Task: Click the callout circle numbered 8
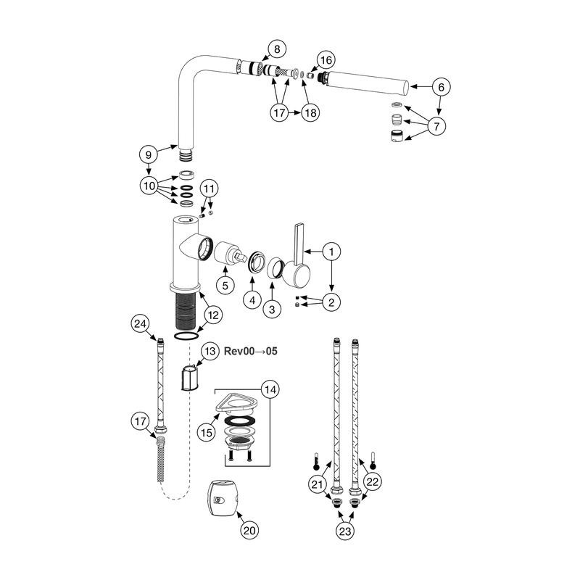coord(277,49)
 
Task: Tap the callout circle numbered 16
coord(326,60)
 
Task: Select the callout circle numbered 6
coord(441,87)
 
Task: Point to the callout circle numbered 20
coord(249,531)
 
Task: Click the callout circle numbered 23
coord(345,531)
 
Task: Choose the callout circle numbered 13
coord(210,351)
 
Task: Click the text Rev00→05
coord(251,351)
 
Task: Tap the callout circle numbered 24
coord(140,324)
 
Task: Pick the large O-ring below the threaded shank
coord(186,336)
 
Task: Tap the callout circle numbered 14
coord(270,389)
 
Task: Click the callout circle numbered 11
coord(209,189)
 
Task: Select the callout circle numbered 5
coord(225,285)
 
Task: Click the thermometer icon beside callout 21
coord(316,461)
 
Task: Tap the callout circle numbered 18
coord(311,112)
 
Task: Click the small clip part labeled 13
coord(190,377)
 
